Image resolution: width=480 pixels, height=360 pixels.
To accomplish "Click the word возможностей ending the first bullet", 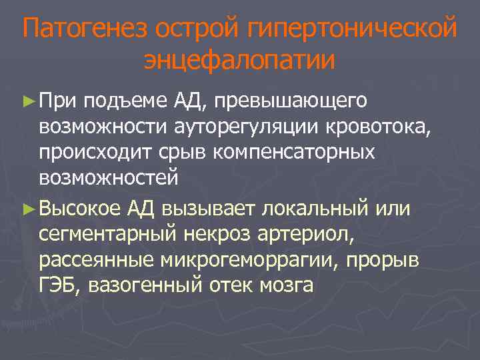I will point(108,178).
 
